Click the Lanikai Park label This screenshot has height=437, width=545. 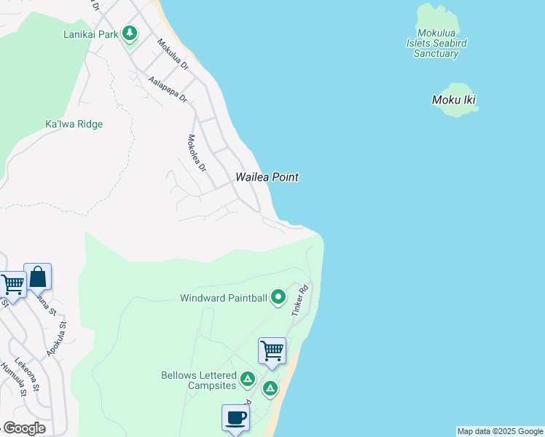click(90, 34)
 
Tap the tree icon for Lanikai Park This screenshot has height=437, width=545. click(130, 33)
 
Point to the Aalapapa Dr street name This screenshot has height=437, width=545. click(168, 90)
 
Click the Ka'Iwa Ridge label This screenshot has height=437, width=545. click(74, 125)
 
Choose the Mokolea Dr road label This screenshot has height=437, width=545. click(197, 154)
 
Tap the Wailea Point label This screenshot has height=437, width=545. click(267, 177)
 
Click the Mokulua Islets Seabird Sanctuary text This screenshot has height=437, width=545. click(436, 43)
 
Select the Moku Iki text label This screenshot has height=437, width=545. click(454, 100)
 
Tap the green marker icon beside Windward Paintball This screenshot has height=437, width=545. click(278, 297)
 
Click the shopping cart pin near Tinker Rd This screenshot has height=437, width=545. click(272, 351)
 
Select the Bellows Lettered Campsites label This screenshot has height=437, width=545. click(199, 380)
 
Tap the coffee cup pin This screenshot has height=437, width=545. click(235, 418)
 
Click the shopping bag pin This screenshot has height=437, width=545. click(37, 277)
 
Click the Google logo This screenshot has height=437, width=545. click(24, 428)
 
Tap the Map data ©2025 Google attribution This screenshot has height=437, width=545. click(500, 431)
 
